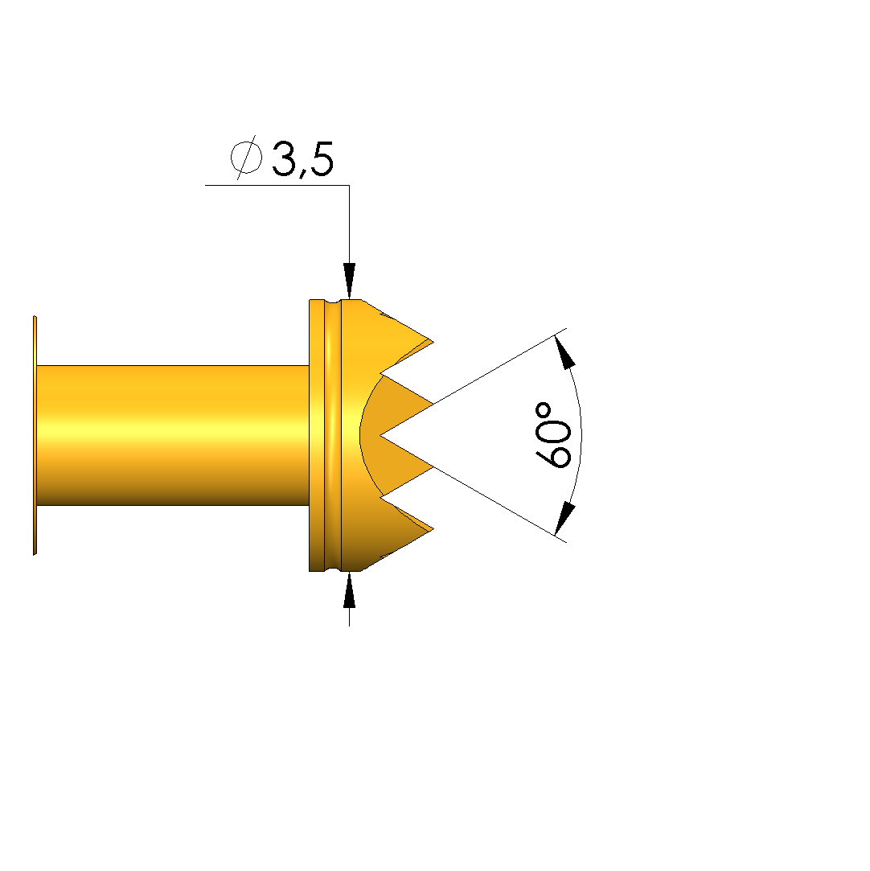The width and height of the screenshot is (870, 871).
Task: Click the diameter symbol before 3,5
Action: point(246,157)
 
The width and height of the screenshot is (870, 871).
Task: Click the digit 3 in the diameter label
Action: point(285,159)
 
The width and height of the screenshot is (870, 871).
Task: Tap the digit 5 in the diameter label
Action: point(322,159)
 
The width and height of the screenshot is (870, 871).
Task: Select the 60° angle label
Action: point(553,435)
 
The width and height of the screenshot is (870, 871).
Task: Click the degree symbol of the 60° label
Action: point(544,412)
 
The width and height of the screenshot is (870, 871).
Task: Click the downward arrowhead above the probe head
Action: point(349,281)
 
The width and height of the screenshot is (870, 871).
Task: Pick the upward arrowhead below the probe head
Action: point(349,590)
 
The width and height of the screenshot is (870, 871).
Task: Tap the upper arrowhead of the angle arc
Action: point(564,352)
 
